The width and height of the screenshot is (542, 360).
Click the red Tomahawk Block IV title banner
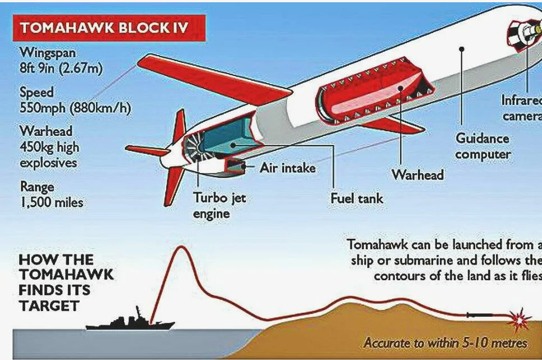click(109, 28)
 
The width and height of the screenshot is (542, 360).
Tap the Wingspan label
click(48, 53)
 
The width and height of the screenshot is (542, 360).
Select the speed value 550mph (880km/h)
click(75, 108)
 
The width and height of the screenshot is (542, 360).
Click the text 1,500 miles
click(52, 202)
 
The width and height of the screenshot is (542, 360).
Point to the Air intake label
click(288, 168)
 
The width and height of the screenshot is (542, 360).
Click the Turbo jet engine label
click(220, 205)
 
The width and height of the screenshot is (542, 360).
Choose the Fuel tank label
click(357, 198)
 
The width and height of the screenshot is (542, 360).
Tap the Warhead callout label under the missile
click(417, 175)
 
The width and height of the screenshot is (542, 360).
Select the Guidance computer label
click(482, 146)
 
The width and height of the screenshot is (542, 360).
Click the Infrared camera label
click(522, 108)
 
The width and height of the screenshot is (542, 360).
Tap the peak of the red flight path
click(180, 247)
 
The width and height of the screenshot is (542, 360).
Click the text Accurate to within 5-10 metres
click(445, 343)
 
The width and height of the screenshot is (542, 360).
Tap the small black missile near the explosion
click(480, 315)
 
